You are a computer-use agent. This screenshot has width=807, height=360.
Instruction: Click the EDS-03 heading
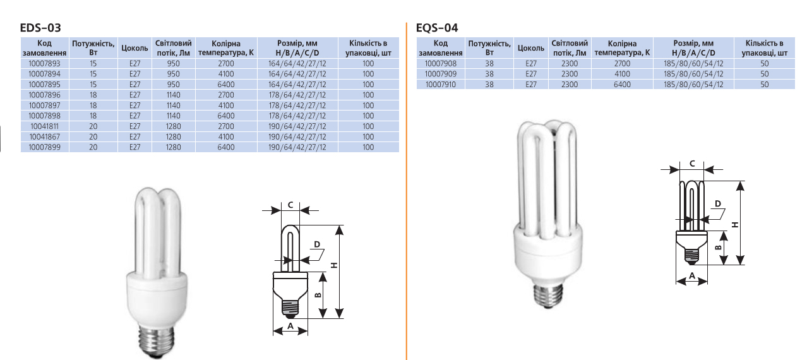pos(40,28)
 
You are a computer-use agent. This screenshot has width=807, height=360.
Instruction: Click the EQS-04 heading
pos(436,28)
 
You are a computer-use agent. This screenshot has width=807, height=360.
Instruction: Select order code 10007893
pos(44,63)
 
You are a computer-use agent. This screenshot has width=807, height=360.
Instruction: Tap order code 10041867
pos(44,136)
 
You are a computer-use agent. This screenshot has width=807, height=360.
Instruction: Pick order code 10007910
pos(440,85)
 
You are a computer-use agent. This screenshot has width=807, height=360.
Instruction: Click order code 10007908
pos(440,63)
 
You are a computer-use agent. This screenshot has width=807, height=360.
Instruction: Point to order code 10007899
pos(44,147)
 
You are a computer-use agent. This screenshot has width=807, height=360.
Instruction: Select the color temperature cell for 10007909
pos(622,74)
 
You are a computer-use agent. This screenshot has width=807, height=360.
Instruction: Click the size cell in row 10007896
pos(297,95)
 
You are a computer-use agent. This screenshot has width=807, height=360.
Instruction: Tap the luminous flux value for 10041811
pos(173,126)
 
